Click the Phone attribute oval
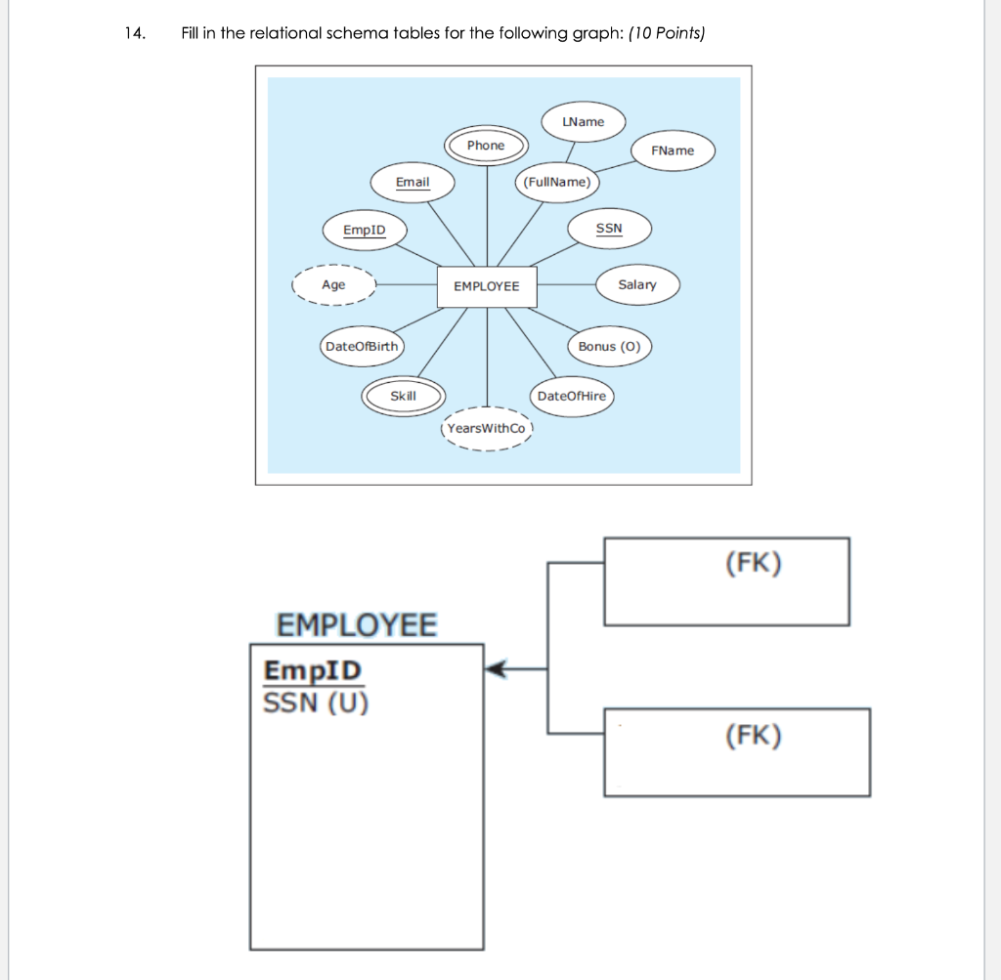pos(486,146)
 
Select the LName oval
pos(584,122)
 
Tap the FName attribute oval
pos(673,150)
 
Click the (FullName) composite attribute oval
pos(556,182)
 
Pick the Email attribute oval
pos(413,183)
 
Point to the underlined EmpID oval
pos(365,231)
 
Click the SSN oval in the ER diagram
pos(608,229)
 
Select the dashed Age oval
pos(334,285)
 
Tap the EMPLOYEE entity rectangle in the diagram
pos(487,286)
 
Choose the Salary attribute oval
pos(637,284)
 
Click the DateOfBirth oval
pos(362,347)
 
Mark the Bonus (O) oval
pos(609,347)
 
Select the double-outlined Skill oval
pos(403,396)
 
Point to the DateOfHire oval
pos(572,396)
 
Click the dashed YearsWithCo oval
pos(486,429)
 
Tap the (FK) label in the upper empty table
pos(754,564)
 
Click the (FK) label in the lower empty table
pos(754,736)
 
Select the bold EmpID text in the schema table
pos(312,671)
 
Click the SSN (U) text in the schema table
pos(316,703)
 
